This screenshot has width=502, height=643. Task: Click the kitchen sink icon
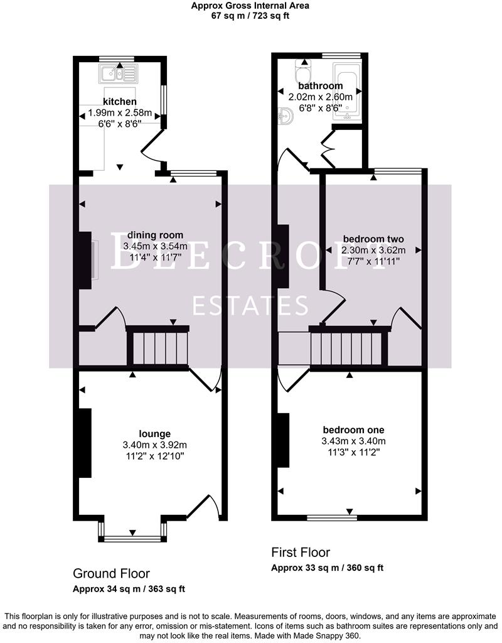[117, 74]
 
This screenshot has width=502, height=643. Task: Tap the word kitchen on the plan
[120, 102]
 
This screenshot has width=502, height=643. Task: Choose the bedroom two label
[373, 239]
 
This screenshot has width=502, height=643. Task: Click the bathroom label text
[320, 86]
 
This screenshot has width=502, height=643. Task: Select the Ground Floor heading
[111, 573]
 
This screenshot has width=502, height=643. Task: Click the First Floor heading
[300, 553]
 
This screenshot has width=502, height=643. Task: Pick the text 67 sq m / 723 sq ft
[250, 16]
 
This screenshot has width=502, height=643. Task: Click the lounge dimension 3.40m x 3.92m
[155, 445]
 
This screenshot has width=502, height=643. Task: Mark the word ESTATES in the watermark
[250, 306]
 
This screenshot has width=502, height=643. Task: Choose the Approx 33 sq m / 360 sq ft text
[327, 568]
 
